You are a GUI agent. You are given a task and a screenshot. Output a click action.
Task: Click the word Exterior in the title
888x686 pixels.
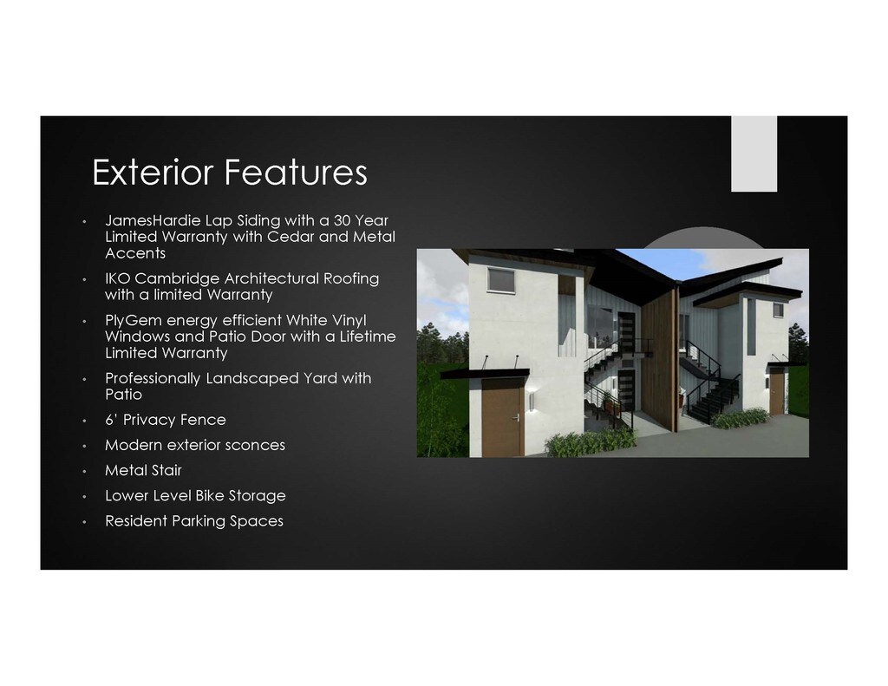[x=153, y=172]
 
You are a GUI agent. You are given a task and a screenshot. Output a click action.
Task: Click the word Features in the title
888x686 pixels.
[x=296, y=172]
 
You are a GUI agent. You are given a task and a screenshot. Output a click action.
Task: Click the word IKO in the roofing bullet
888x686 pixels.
[x=117, y=278]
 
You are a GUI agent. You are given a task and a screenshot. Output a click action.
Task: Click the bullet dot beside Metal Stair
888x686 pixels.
[x=84, y=471]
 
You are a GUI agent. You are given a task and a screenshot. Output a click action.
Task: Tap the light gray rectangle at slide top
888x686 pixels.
[x=754, y=154]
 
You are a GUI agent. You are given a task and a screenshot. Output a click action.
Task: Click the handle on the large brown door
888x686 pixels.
[x=515, y=418]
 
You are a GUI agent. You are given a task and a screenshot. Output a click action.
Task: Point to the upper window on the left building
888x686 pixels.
[x=500, y=280]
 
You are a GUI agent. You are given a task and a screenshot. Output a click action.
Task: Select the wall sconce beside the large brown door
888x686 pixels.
[x=532, y=402]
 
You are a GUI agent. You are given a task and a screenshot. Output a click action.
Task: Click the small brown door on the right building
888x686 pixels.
[x=776, y=394]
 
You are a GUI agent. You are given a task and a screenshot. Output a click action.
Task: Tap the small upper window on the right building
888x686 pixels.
[x=778, y=310]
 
